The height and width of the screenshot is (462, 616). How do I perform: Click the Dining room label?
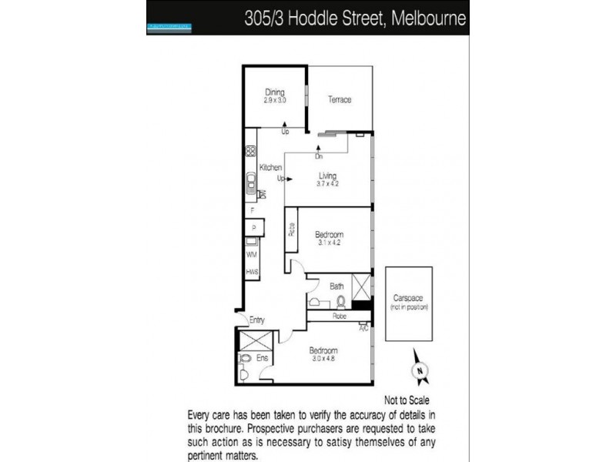275,93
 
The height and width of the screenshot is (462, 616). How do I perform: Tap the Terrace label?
340,100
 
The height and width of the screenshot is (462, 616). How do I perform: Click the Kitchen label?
270,168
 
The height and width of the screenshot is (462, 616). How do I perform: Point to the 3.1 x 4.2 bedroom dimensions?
328,242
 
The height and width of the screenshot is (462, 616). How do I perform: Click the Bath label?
337,286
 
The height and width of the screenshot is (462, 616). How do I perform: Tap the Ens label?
263,357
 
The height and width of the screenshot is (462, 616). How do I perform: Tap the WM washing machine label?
251,254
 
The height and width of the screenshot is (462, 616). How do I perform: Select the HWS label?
251,273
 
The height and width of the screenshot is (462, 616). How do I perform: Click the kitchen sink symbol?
252,183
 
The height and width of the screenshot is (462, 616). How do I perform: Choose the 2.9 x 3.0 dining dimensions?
275,101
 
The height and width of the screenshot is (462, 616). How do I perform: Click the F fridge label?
252,211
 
